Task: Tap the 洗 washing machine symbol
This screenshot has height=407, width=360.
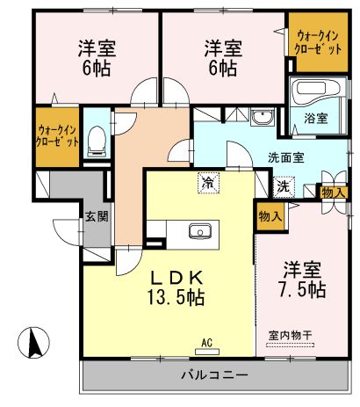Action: point(284,186)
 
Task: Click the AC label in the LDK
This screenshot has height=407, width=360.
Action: point(207,343)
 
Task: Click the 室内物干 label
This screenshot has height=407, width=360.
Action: point(290,335)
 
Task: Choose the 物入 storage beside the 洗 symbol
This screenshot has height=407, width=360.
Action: point(333,193)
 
